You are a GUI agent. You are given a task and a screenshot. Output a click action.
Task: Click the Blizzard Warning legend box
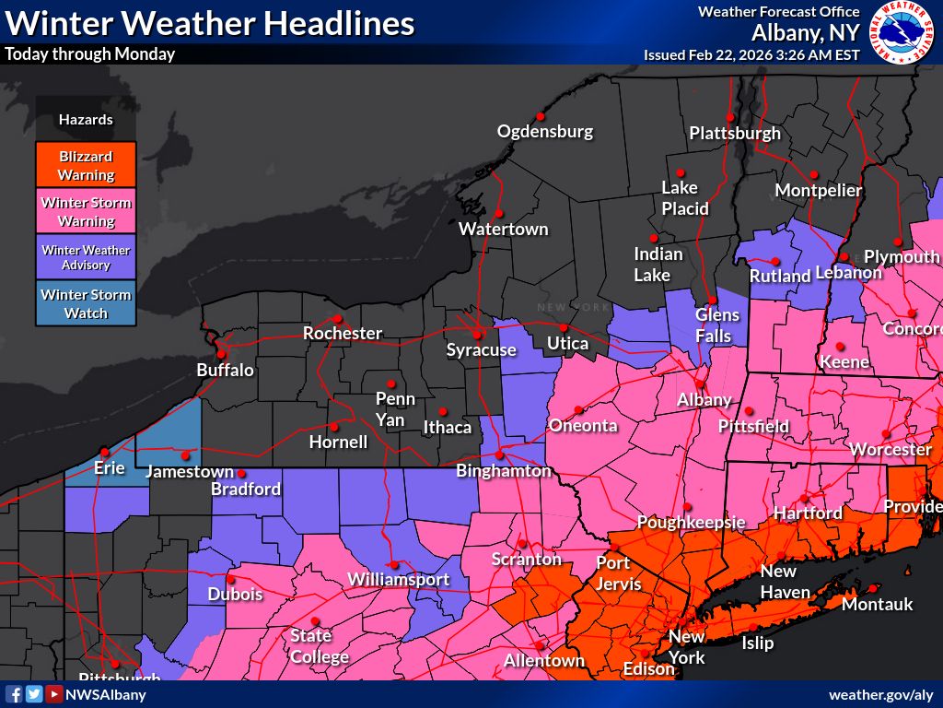(x=86, y=165)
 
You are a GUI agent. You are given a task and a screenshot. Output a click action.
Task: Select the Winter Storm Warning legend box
(x=86, y=211)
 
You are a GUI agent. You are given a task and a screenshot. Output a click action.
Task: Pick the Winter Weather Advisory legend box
(x=86, y=257)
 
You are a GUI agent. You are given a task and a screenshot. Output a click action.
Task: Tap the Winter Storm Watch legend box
(x=86, y=303)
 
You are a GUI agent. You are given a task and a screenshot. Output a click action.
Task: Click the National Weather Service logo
(x=903, y=32)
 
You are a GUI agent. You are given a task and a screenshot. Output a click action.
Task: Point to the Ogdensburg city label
(x=545, y=131)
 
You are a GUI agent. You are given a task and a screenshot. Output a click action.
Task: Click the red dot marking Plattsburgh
(x=729, y=117)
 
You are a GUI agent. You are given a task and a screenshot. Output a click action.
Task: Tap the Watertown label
(x=503, y=229)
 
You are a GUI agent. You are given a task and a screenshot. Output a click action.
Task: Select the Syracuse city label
(x=482, y=349)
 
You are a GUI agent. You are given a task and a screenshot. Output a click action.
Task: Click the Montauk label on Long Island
(x=877, y=604)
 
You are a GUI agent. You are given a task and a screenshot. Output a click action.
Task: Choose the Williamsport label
(x=398, y=580)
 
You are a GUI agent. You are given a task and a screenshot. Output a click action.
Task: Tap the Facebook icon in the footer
(x=14, y=694)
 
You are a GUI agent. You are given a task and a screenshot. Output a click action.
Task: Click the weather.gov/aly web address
(x=880, y=694)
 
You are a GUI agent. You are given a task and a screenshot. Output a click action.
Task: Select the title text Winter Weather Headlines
(x=210, y=23)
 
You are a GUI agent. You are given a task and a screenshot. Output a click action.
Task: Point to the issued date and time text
(x=751, y=54)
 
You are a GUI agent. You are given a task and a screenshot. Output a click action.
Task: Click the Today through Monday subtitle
(x=89, y=53)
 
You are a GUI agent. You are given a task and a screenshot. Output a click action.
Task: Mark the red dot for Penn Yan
(x=391, y=383)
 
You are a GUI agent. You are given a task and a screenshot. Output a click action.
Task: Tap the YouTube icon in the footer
(x=54, y=694)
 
